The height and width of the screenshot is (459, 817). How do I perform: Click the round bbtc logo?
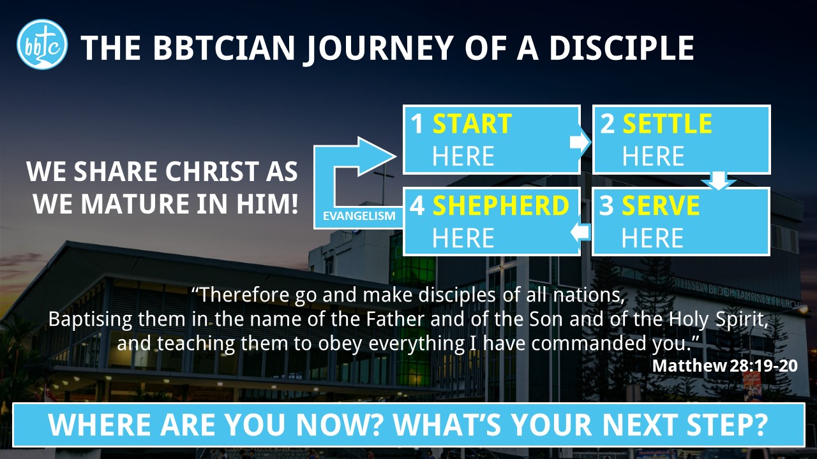(x=42, y=45)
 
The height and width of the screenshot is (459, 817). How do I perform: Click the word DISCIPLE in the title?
(x=622, y=48)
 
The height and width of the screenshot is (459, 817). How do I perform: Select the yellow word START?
(x=472, y=124)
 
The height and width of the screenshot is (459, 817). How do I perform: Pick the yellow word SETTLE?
(x=667, y=124)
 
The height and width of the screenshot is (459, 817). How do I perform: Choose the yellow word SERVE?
(x=661, y=205)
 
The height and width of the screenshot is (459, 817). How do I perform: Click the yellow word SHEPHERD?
(x=501, y=205)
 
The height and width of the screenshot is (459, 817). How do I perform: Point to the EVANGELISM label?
(x=359, y=216)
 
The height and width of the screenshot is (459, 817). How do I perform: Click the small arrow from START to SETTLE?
(x=580, y=142)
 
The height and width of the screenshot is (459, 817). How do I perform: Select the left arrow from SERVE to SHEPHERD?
(x=580, y=231)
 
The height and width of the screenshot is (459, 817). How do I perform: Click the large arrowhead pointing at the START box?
(x=376, y=157)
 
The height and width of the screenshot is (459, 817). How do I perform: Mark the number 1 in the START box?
(x=417, y=124)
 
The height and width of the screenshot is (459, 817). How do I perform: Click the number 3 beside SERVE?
(x=606, y=205)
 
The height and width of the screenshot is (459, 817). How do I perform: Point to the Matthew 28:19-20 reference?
(x=724, y=365)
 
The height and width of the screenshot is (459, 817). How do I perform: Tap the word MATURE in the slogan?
(x=135, y=203)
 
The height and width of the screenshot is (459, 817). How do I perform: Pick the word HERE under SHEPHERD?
(x=463, y=238)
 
